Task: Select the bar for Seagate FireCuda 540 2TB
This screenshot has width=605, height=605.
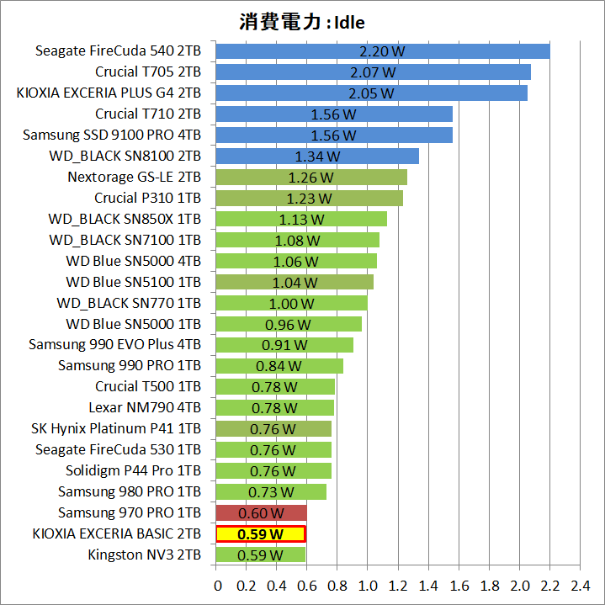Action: pos(383,51)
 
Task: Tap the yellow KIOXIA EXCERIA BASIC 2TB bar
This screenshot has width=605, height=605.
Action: pos(261,533)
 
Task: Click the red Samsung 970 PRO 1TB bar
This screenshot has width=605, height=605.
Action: pos(261,512)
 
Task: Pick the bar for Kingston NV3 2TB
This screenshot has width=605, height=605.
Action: pos(261,555)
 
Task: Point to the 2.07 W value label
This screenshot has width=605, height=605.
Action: pos(372,72)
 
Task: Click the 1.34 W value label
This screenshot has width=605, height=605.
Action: pos(317,156)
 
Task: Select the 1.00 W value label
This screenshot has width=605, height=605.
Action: pos(291,303)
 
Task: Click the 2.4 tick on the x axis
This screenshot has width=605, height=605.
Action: pos(580,585)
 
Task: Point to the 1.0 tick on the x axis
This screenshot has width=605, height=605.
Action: pos(368,585)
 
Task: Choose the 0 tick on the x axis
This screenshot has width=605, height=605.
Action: pos(217,585)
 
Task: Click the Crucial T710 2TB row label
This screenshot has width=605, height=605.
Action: pos(148,114)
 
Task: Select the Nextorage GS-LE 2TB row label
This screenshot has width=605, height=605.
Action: pos(134,177)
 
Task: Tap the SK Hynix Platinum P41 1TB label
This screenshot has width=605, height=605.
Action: pos(116,429)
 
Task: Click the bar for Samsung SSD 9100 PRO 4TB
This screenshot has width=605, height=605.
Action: pos(334,135)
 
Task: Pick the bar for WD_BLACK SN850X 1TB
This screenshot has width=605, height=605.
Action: pos(301,219)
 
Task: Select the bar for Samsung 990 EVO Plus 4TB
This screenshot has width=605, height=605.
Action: pos(284,345)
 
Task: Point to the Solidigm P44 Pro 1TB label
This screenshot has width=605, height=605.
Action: pos(133,470)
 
